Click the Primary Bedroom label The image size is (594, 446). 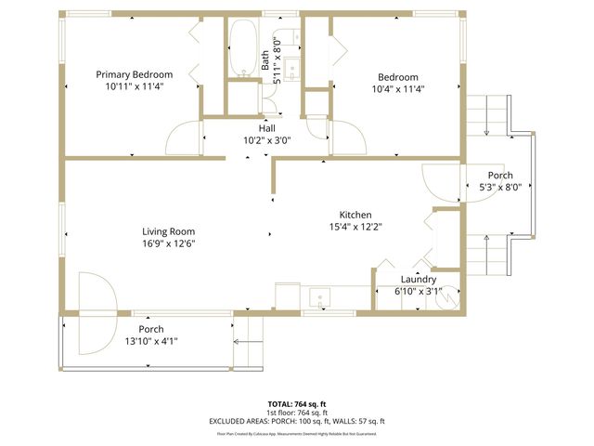pos(136,75)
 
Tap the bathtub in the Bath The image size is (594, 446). pos(243,47)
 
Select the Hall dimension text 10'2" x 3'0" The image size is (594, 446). pos(266,141)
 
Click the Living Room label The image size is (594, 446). pos(168,231)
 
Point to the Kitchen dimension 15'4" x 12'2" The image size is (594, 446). pos(355,226)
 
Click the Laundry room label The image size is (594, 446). pos(419,279)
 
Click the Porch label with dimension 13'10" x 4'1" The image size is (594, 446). pos(151,329)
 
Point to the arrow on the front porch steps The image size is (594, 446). pos(248,342)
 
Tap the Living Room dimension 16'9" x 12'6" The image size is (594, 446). pos(168,243)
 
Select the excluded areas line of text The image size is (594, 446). pos(296,421)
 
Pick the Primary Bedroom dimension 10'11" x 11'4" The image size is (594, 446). pos(136,87)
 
